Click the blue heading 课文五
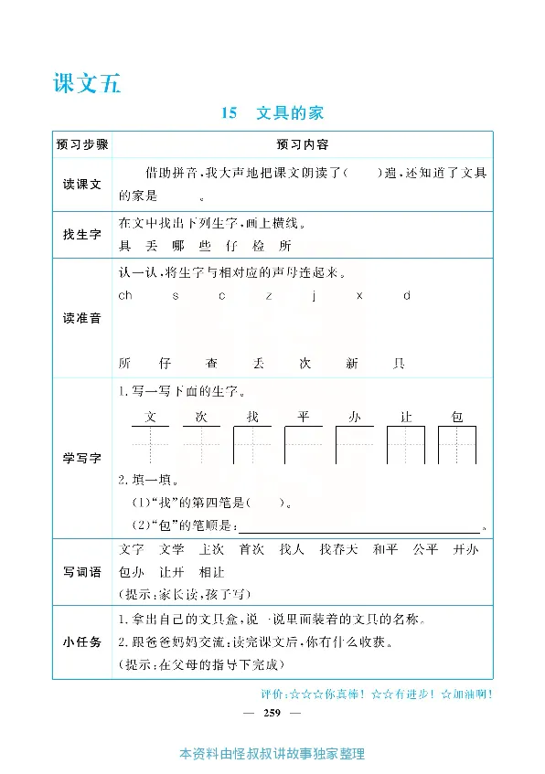(x=87, y=84)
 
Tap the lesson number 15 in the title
(x=229, y=113)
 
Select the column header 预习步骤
(x=81, y=144)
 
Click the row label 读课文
(x=81, y=184)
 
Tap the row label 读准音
(x=81, y=318)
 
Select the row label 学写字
(x=81, y=458)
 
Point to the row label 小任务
(x=81, y=641)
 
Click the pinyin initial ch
(x=125, y=295)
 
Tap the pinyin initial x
(x=359, y=295)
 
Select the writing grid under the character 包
(x=457, y=445)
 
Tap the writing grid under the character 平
(x=304, y=445)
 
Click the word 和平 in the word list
(x=385, y=549)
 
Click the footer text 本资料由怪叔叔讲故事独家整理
(x=272, y=755)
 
